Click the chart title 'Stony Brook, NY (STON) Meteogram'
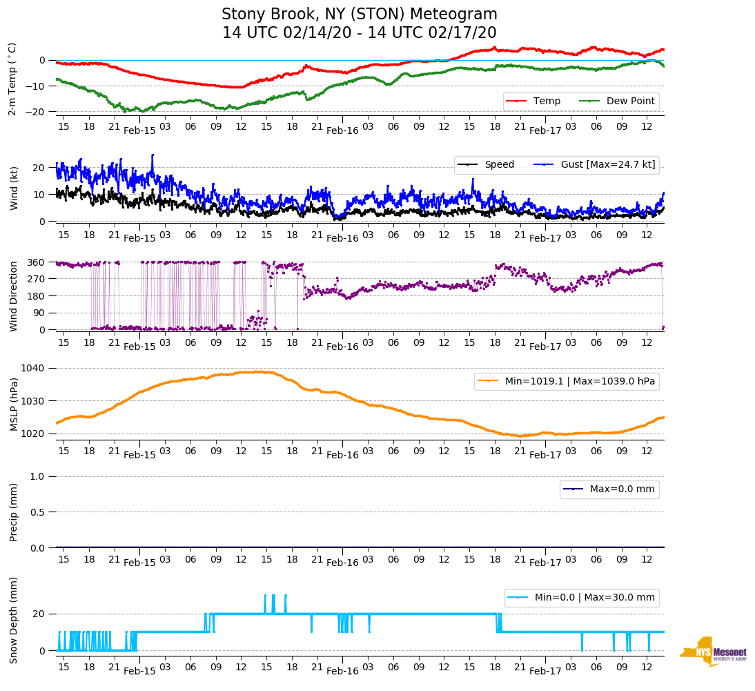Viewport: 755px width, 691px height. pos(359,14)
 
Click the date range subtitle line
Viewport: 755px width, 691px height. pos(359,33)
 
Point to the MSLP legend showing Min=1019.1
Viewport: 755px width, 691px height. pos(566,381)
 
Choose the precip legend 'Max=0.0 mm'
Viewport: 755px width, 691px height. pos(609,489)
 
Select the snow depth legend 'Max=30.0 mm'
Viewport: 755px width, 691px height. pos(581,597)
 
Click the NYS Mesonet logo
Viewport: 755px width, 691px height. pos(713,652)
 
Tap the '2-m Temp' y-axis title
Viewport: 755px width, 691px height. pos(12,78)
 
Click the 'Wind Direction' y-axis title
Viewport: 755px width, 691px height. pos(14,296)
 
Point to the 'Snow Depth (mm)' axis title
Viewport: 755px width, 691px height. pos(14,620)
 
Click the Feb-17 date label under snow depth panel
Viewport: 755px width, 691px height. pos(545,671)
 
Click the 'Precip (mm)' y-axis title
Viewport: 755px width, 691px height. pos(14,512)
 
